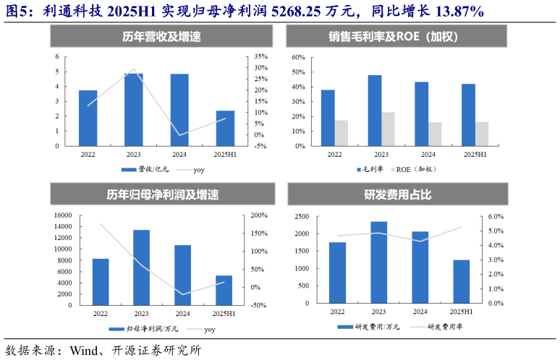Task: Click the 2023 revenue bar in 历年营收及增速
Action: pyautogui.click(x=133, y=109)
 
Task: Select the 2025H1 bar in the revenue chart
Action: pyautogui.click(x=225, y=128)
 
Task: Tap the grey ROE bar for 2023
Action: pyautogui.click(x=389, y=129)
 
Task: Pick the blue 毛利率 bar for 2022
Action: pyautogui.click(x=328, y=117)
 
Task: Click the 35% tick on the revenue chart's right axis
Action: pyautogui.click(x=262, y=56)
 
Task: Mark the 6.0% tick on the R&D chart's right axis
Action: pyautogui.click(x=496, y=216)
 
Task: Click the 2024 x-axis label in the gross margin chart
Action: pyautogui.click(x=428, y=155)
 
